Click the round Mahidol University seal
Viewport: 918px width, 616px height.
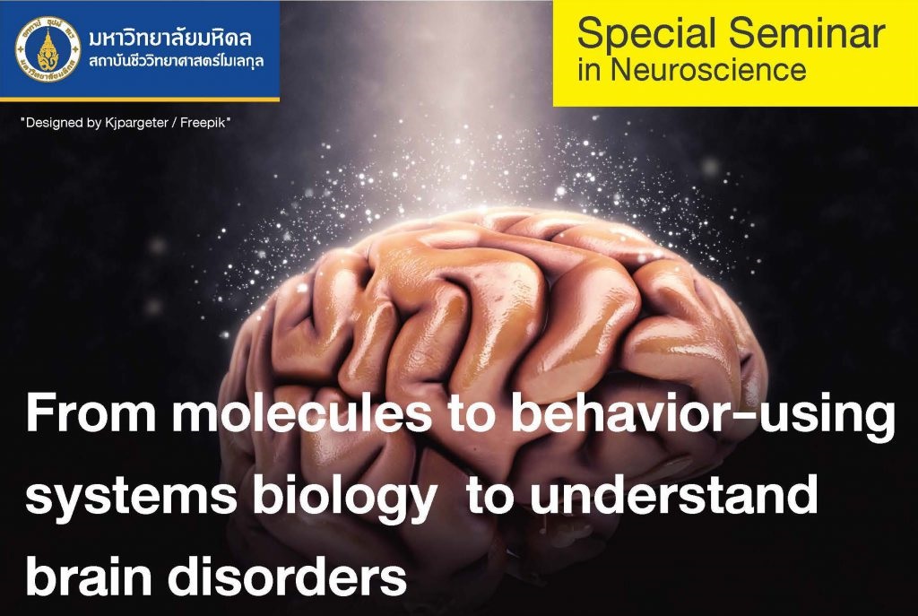pyautogui.click(x=48, y=49)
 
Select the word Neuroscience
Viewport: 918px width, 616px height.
pyautogui.click(x=708, y=70)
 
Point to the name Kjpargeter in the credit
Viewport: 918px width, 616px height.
pyautogui.click(x=137, y=124)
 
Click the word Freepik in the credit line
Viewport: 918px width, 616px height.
pyautogui.click(x=203, y=123)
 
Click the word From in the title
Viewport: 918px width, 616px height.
pyautogui.click(x=91, y=412)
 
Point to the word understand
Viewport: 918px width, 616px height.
pyautogui.click(x=674, y=494)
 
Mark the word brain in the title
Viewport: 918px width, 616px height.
pyautogui.click(x=89, y=575)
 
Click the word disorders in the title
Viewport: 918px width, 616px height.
pyautogui.click(x=287, y=575)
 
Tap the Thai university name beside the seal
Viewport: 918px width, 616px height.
pyautogui.click(x=170, y=39)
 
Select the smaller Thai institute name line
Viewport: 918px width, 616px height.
pyautogui.click(x=177, y=62)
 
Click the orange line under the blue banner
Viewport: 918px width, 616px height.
pyautogui.click(x=139, y=100)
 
